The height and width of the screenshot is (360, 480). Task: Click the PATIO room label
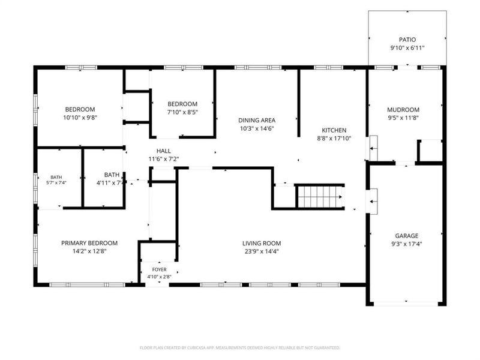click(x=407, y=40)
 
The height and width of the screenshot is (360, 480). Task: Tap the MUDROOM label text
click(x=403, y=110)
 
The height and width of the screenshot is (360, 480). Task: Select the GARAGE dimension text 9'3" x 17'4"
click(x=407, y=244)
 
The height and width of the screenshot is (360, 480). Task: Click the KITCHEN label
click(x=334, y=130)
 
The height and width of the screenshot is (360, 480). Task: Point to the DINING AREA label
click(x=257, y=121)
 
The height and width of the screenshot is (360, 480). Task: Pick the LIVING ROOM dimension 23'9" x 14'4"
click(x=262, y=251)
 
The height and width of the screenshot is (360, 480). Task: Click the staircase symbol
click(x=320, y=197)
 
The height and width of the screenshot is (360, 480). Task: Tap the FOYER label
click(x=160, y=269)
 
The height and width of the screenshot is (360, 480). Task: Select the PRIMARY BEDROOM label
click(x=89, y=244)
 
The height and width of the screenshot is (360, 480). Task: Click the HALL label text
click(x=164, y=151)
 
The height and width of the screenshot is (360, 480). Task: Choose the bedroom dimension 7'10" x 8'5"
click(x=182, y=112)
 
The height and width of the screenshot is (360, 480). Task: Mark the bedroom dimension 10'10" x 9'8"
click(x=80, y=118)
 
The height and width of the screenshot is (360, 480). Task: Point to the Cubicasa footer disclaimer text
click(x=240, y=348)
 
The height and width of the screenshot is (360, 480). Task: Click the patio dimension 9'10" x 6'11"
click(x=407, y=48)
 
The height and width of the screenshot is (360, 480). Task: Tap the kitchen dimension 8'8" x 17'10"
click(x=334, y=139)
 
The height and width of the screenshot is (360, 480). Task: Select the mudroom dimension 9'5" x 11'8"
click(x=403, y=118)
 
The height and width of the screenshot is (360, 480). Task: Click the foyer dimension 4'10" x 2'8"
click(x=159, y=277)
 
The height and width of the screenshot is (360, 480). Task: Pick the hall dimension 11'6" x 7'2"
click(x=164, y=159)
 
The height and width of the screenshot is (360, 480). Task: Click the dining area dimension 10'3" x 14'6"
click(x=257, y=128)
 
